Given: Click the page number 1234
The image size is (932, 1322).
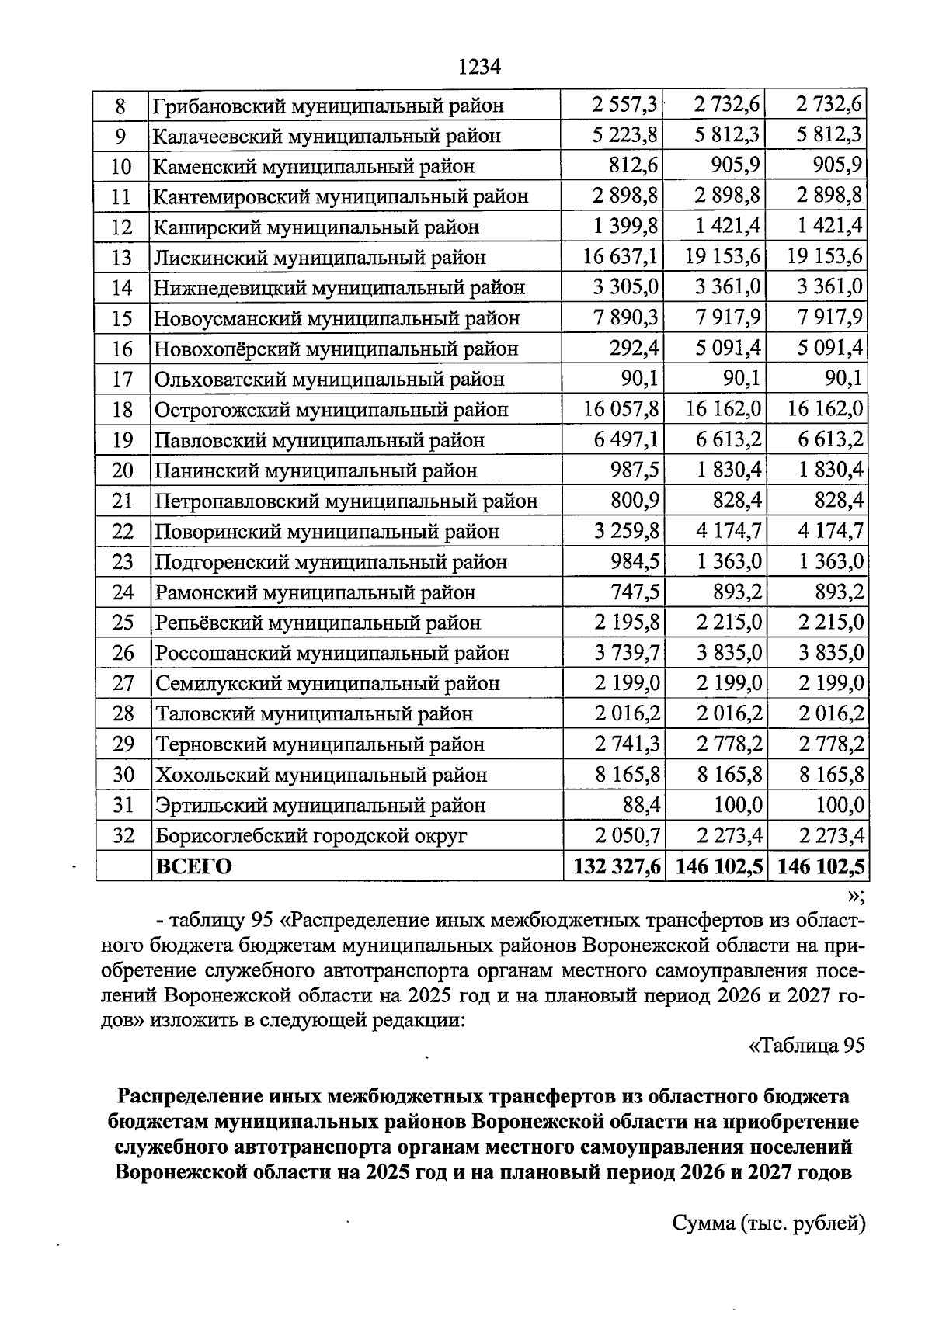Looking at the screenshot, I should coord(479,67).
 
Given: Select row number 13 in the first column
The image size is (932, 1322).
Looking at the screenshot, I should coord(122,258).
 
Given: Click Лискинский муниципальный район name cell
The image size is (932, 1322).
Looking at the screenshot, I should coord(319,258).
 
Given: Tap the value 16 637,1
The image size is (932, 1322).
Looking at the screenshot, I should coord(621,256).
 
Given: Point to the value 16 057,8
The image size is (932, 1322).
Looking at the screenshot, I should coord(621,408).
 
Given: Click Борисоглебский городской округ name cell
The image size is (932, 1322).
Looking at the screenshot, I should coord(311,835).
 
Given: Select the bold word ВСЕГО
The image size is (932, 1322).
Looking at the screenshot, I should coord(194,866).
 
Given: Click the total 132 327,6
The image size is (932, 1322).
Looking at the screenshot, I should coord(617,866).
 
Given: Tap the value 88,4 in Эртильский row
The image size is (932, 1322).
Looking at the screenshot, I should coord(641,805).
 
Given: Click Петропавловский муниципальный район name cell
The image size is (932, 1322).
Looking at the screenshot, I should coord(346,501).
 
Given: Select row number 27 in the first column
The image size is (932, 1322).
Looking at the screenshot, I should coord(122,683).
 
